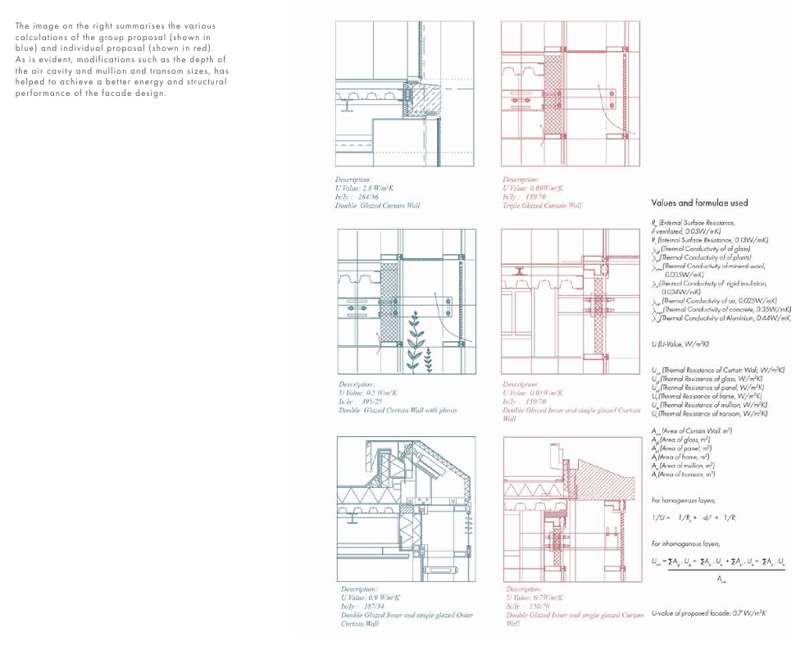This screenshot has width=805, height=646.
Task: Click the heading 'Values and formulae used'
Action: point(699,202)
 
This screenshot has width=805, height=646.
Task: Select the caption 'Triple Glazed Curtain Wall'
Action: point(542,206)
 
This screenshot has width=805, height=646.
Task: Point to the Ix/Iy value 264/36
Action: point(357,197)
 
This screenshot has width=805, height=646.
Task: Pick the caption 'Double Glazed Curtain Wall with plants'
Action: point(398,410)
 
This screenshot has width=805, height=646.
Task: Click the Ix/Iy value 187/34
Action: point(361,607)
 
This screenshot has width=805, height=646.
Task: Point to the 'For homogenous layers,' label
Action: point(684,499)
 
